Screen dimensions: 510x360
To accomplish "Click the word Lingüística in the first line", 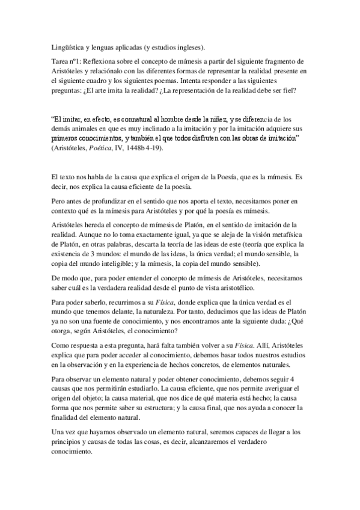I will coord(67,46).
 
